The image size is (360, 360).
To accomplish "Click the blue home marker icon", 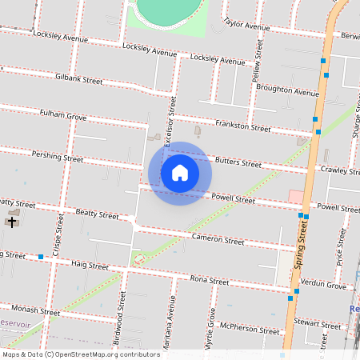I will [180, 173].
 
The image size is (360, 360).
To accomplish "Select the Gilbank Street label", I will [79, 79].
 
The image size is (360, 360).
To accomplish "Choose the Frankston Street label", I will [243, 126].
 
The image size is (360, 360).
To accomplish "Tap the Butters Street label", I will [238, 162].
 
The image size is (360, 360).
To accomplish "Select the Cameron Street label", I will [218, 239].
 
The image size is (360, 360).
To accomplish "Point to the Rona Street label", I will [210, 280].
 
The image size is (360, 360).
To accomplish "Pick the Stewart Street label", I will [318, 323].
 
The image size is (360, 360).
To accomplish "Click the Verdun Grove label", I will [324, 286].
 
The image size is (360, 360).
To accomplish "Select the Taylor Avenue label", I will [247, 25].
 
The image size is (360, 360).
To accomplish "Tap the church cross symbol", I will [12, 221].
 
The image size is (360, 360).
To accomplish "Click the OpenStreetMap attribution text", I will [81, 354].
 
